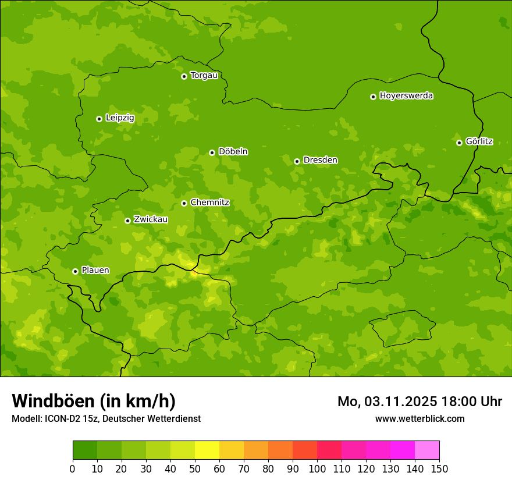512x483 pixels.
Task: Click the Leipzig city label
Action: point(120,118)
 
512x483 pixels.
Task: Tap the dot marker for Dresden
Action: point(297,161)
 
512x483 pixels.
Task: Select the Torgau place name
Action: point(204,76)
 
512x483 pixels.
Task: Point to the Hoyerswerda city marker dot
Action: point(373,97)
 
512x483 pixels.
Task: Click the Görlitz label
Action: point(479,141)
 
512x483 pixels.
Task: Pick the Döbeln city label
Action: point(233,152)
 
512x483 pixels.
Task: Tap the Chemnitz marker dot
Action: point(184,203)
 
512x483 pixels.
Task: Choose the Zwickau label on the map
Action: point(151,219)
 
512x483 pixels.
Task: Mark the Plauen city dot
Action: point(75,271)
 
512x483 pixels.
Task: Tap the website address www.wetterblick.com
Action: point(419,419)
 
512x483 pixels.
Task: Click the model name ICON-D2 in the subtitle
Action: point(62,419)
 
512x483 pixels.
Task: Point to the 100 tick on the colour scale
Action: point(317,468)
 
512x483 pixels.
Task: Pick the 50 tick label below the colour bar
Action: point(195,468)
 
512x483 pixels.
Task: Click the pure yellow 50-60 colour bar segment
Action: point(207,450)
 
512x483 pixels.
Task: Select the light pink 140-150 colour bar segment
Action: point(427,450)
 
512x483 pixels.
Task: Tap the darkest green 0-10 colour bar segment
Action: point(85,450)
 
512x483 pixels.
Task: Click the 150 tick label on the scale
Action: point(439,468)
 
